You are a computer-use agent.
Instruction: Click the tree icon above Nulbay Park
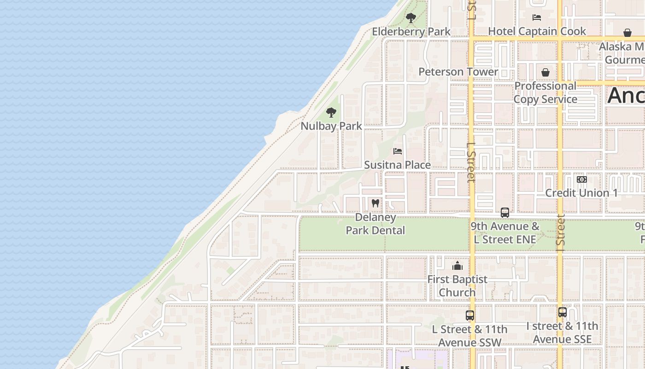pyautogui.click(x=331, y=112)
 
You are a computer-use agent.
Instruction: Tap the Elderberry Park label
pyautogui.click(x=411, y=31)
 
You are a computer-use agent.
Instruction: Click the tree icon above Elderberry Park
pyautogui.click(x=410, y=18)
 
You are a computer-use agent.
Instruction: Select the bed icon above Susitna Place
pyautogui.click(x=398, y=151)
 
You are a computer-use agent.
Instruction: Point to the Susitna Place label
pyautogui.click(x=397, y=165)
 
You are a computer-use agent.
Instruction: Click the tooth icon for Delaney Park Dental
pyautogui.click(x=375, y=203)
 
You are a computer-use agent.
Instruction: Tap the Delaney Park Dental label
pyautogui.click(x=375, y=224)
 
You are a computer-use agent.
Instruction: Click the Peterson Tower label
pyautogui.click(x=458, y=71)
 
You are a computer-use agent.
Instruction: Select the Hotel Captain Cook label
pyautogui.click(x=537, y=31)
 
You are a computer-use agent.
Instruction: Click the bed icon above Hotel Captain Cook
pyautogui.click(x=536, y=18)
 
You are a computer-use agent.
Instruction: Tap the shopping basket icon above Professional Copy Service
pyautogui.click(x=545, y=72)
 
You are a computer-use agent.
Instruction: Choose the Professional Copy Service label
pyautogui.click(x=545, y=92)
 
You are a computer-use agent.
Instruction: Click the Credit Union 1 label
pyautogui.click(x=581, y=193)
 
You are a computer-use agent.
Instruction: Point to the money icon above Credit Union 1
pyautogui.click(x=581, y=179)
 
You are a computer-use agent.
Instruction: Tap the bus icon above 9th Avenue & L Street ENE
pyautogui.click(x=505, y=213)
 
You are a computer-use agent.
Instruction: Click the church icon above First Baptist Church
pyautogui.click(x=457, y=266)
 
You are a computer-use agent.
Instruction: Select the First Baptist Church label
pyautogui.click(x=457, y=286)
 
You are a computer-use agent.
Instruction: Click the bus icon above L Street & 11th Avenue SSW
pyautogui.click(x=469, y=316)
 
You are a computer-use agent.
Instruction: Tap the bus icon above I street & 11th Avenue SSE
pyautogui.click(x=562, y=312)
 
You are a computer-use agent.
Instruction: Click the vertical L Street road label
pyautogui.click(x=470, y=162)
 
